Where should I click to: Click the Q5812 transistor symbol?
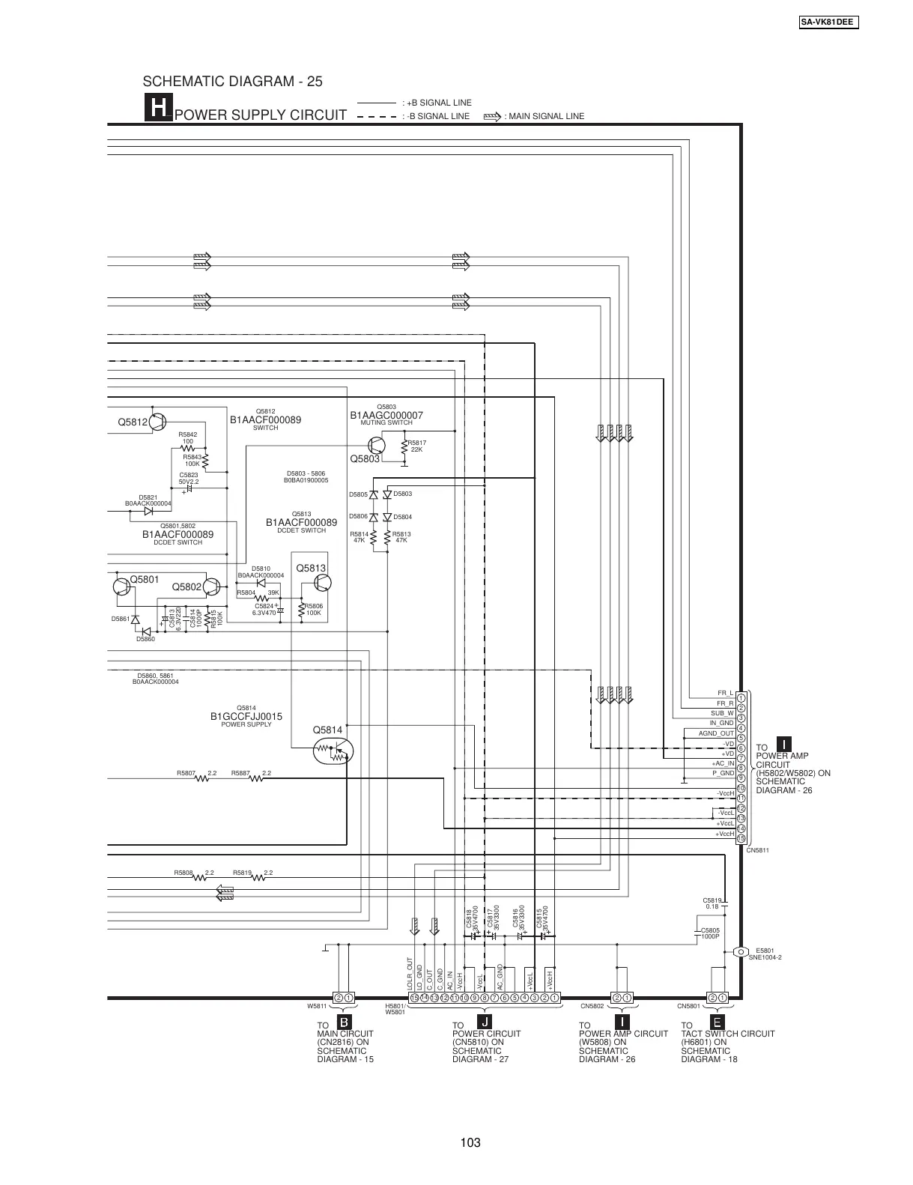tap(158, 422)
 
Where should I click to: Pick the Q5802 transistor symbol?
tap(213, 587)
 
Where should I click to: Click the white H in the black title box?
tap(159, 109)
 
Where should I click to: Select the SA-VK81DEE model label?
tap(828, 22)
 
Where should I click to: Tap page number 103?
tap(470, 1142)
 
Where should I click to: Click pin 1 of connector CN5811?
tap(741, 698)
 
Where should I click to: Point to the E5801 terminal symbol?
tap(740, 952)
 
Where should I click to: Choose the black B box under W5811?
tap(343, 1022)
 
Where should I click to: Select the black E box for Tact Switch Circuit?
tap(717, 1022)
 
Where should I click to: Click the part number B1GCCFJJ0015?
tap(246, 717)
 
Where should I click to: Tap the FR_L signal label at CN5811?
tap(725, 694)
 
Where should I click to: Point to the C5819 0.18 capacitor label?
tap(712, 903)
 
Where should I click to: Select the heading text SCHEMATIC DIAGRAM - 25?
tap(232, 81)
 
